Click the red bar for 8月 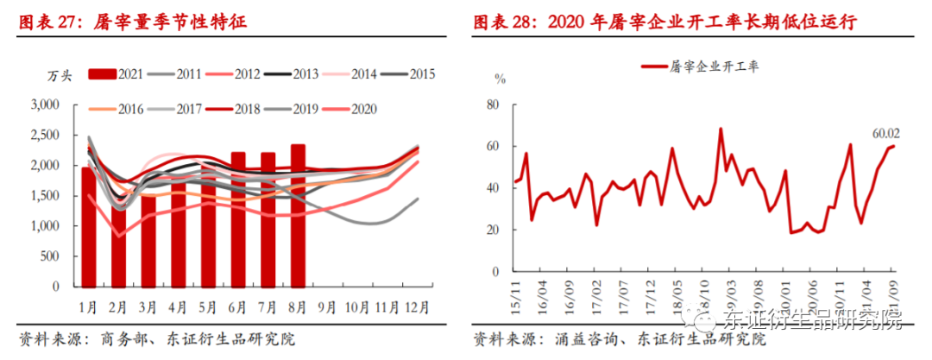coord(298,216)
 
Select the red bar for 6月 coord(238,220)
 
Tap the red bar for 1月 coord(89,227)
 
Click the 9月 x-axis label coord(327,306)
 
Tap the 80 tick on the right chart coord(493,105)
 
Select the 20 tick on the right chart coord(493,230)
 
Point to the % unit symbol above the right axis coord(499,79)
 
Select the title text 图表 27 coord(48,23)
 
